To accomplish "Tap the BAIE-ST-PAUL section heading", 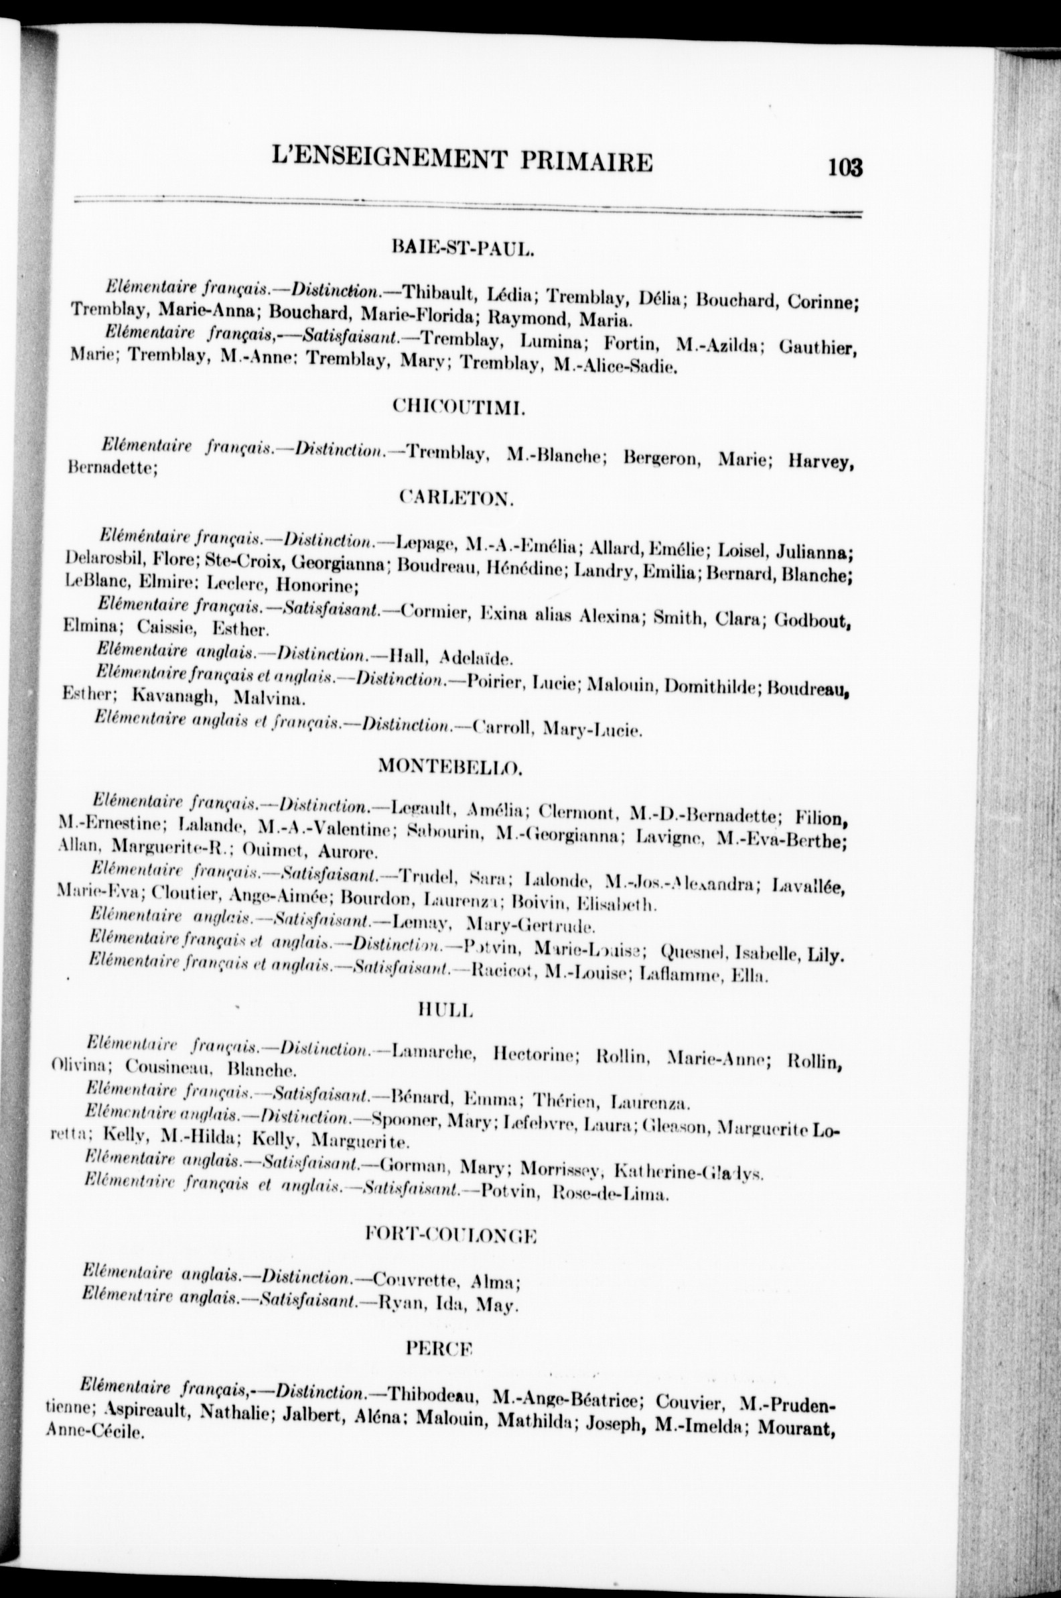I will (x=464, y=248).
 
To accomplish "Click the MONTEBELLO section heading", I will (x=449, y=766).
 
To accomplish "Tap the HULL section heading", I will (x=444, y=1010).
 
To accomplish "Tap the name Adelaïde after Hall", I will (x=476, y=657).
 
